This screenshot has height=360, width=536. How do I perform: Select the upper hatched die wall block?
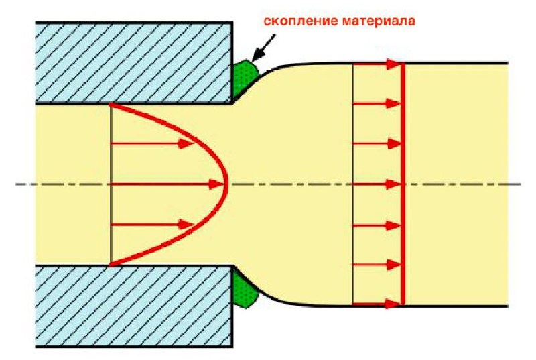134,62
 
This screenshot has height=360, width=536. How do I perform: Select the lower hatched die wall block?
134,305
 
